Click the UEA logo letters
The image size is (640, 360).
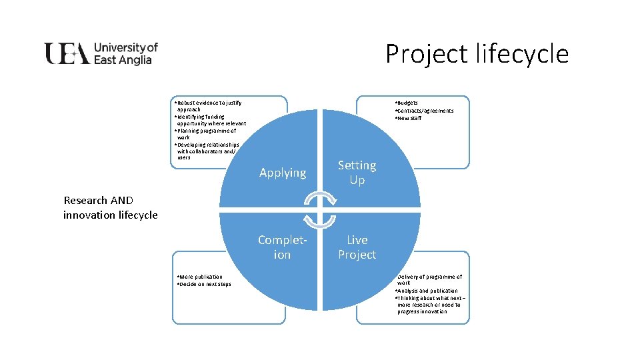pyautogui.click(x=67, y=53)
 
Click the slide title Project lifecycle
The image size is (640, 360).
pyautogui.click(x=477, y=53)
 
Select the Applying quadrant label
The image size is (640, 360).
pyautogui.click(x=283, y=173)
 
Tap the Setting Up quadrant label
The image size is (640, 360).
pyautogui.click(x=357, y=172)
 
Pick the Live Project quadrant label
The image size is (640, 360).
pyautogui.click(x=357, y=247)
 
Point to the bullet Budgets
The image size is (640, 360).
pyautogui.click(x=407, y=103)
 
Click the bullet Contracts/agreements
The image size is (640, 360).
pyautogui.click(x=425, y=111)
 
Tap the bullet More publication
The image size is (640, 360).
pyautogui.click(x=200, y=276)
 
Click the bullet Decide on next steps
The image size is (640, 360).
pyautogui.click(x=204, y=284)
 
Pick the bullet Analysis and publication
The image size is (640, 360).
pyautogui.click(x=427, y=291)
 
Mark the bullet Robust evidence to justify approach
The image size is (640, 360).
pyautogui.click(x=207, y=106)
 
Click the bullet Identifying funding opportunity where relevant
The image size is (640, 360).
pyautogui.click(x=209, y=120)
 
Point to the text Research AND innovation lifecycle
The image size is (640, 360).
pyautogui.click(x=110, y=207)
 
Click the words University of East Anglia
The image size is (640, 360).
pyautogui.click(x=125, y=53)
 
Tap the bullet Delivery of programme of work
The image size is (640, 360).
pyautogui.click(x=429, y=279)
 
